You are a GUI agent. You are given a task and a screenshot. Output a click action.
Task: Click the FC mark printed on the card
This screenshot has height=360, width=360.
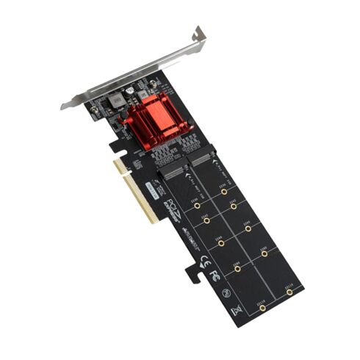213,276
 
